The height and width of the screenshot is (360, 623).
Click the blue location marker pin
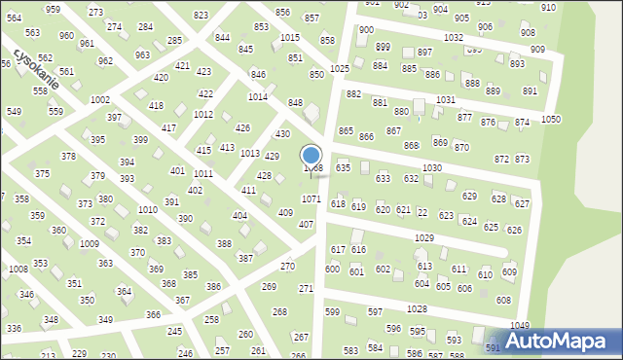(x=311, y=157)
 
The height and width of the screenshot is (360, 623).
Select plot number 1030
(x=432, y=168)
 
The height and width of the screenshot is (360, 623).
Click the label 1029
(x=423, y=238)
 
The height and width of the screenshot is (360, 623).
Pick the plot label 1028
(x=417, y=308)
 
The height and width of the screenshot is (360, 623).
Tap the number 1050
(x=551, y=119)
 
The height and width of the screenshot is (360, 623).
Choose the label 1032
(x=453, y=37)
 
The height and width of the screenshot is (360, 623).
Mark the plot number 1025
(x=340, y=69)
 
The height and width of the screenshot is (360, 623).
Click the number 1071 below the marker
(x=311, y=198)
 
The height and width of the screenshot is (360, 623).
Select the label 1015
(x=290, y=37)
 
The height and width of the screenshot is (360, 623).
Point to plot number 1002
(x=99, y=100)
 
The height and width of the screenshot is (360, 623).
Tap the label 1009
(x=89, y=244)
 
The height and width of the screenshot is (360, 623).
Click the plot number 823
(x=201, y=16)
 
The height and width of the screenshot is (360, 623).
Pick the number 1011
(x=202, y=173)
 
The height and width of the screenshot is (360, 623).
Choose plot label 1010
(x=148, y=210)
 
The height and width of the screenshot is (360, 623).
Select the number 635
(x=343, y=168)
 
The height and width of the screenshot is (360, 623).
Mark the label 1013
(x=249, y=154)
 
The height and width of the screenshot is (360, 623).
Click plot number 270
(x=287, y=266)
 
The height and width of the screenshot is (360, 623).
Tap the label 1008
(x=18, y=269)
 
